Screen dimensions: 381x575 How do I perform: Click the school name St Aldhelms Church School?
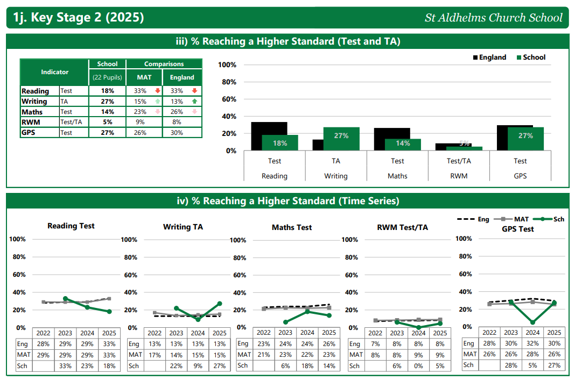tap(493, 18)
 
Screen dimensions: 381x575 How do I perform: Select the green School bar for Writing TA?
tap(341, 139)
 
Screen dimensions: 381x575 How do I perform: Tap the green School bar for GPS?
tap(525, 139)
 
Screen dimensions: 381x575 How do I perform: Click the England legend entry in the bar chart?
tap(489, 57)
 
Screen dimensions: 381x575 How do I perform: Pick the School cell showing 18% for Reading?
tap(108, 91)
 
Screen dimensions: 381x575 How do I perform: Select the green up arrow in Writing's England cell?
tap(194, 102)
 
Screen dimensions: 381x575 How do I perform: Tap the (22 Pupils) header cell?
tap(108, 77)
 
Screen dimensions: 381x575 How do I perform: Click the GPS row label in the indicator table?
tap(29, 133)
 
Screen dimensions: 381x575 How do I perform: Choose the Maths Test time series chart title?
tap(292, 227)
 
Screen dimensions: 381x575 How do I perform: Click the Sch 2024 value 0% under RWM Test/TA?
tap(418, 366)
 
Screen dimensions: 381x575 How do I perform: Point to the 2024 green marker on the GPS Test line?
tap(532, 322)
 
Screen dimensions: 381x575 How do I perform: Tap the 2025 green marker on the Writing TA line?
tap(219, 304)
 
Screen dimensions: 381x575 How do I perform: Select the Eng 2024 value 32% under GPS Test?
tap(532, 343)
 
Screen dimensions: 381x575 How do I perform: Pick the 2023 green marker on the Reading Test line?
tap(66, 298)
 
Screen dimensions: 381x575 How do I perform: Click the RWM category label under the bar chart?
tap(459, 176)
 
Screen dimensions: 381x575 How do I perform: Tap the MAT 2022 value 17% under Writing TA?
tap(155, 355)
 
